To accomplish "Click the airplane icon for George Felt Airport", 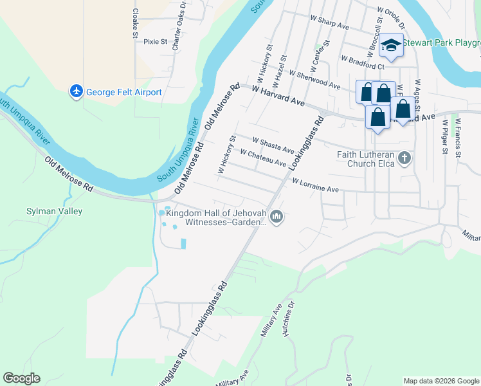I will point(77,92).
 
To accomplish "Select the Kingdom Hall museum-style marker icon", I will point(277,217).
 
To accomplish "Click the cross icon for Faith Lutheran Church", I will point(404,158).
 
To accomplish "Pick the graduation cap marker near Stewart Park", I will point(390,46).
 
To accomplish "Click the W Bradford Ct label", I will point(363,62).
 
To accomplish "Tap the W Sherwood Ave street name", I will point(314,80).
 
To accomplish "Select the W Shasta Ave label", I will point(273,145).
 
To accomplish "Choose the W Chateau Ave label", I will point(262,158).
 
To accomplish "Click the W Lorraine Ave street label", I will point(315,186).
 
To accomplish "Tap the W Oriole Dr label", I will point(391,19).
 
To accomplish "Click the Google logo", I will point(21,378).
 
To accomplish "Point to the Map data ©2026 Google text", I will point(441,381).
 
